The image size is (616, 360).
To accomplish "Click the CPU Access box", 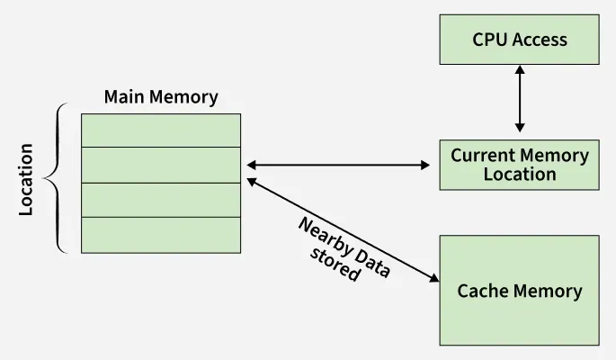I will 519,39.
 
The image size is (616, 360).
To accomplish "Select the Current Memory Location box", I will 519,165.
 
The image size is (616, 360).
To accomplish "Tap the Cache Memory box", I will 519,291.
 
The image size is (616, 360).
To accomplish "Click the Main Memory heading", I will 161,97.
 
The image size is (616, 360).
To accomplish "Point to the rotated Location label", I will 26,179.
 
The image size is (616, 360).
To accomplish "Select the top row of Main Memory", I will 161,130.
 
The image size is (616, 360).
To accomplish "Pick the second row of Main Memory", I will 161,165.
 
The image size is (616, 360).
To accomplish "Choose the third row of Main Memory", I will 161,200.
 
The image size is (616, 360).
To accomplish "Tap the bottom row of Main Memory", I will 161,235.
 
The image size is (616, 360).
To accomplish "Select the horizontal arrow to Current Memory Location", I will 338,165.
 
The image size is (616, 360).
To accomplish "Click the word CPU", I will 490,39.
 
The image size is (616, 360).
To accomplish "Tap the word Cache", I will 483,291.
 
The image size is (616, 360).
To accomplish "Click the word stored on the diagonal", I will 335,265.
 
